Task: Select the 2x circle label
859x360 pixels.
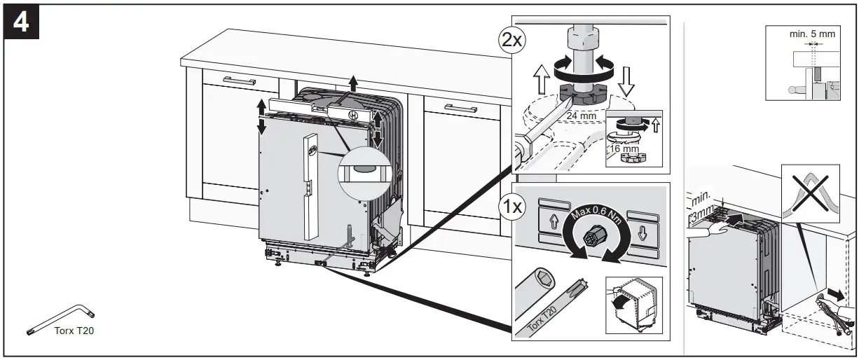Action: tap(511, 40)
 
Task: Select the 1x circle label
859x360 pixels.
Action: tap(511, 207)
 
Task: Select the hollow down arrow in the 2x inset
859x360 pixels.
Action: tap(628, 80)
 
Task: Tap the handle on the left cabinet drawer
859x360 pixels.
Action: tap(240, 82)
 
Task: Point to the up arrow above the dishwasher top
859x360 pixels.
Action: tap(353, 83)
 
